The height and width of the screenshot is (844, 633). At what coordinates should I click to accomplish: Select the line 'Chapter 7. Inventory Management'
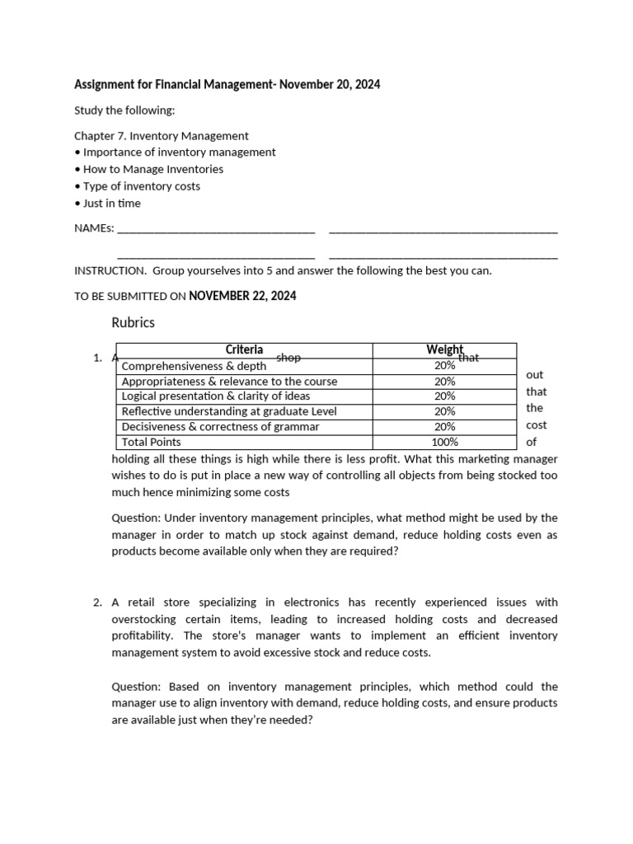pyautogui.click(x=162, y=135)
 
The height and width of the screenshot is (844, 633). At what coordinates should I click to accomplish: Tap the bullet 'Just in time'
pyautogui.click(x=111, y=203)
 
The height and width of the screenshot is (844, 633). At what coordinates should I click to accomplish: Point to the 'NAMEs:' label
pyautogui.click(x=94, y=228)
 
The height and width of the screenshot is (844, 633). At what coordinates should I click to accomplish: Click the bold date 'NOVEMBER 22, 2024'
pyautogui.click(x=242, y=296)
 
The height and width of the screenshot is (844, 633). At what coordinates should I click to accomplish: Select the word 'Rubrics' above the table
pyautogui.click(x=133, y=322)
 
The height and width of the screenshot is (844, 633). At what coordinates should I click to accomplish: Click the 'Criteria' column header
pyautogui.click(x=244, y=350)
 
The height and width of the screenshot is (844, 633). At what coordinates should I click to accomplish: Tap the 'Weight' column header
pyautogui.click(x=444, y=350)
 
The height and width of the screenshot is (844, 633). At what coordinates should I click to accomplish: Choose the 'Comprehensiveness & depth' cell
pyautogui.click(x=194, y=366)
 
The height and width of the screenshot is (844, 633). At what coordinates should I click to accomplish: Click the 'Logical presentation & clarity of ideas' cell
pyautogui.click(x=216, y=396)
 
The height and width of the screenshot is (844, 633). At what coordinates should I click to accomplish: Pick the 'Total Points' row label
pyautogui.click(x=152, y=442)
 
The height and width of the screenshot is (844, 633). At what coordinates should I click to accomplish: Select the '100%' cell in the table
pyautogui.click(x=444, y=442)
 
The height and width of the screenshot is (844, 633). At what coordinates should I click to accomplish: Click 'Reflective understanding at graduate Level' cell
pyautogui.click(x=228, y=411)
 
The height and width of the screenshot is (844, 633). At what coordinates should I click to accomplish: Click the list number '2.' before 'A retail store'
pyautogui.click(x=97, y=603)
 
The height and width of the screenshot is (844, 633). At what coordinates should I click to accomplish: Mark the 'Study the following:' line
pyautogui.click(x=124, y=110)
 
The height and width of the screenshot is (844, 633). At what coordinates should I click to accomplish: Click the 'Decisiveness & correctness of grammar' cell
pyautogui.click(x=220, y=427)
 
